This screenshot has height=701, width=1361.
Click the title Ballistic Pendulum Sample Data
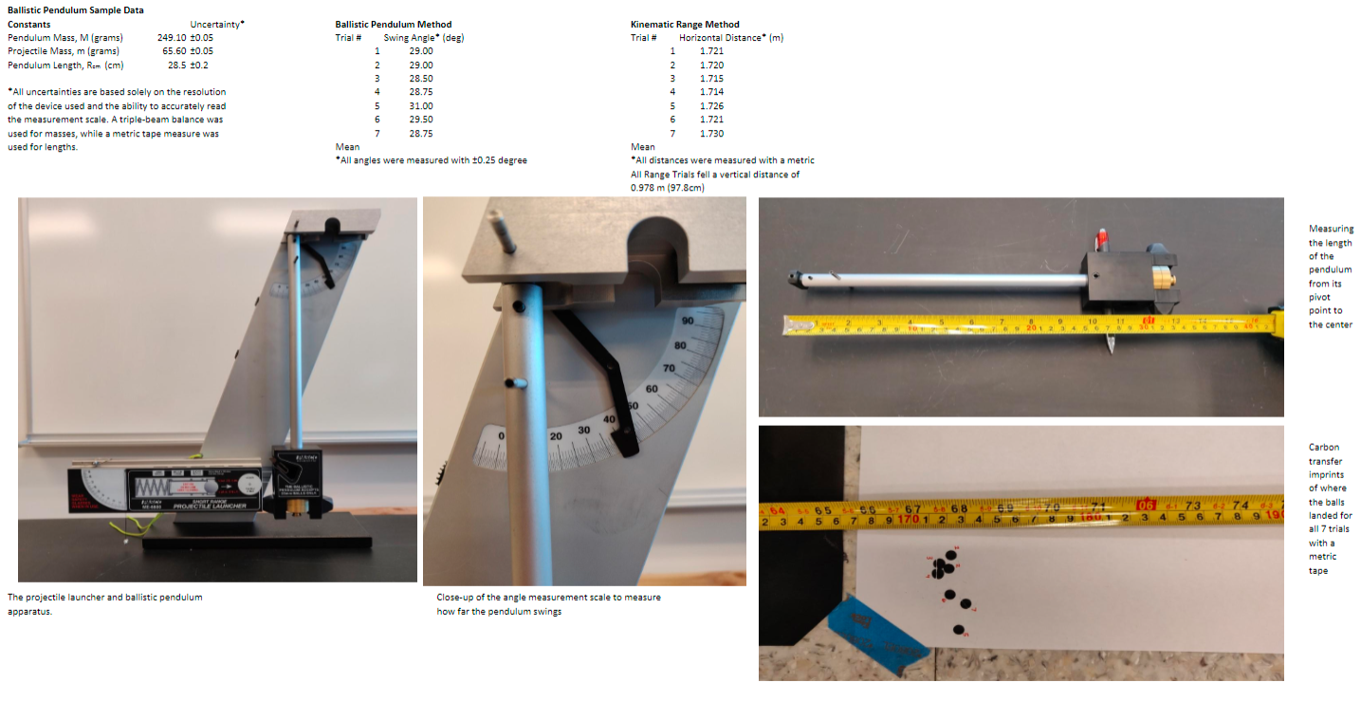pos(76,9)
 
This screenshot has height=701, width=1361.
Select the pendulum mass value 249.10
pos(171,37)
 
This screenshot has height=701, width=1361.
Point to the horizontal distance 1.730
pos(711,133)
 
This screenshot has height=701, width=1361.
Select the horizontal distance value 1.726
pos(711,105)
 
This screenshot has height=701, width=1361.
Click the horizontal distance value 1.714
pos(711,92)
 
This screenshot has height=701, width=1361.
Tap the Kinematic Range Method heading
pos(685,25)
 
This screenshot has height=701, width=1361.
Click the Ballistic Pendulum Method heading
pos(394,25)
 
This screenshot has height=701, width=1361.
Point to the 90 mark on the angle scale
pos(688,323)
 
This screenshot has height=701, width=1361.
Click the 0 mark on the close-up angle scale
pos(501,434)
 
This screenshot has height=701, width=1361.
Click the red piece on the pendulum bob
pos(1102,236)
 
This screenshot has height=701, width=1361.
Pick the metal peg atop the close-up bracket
pos(503,228)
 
